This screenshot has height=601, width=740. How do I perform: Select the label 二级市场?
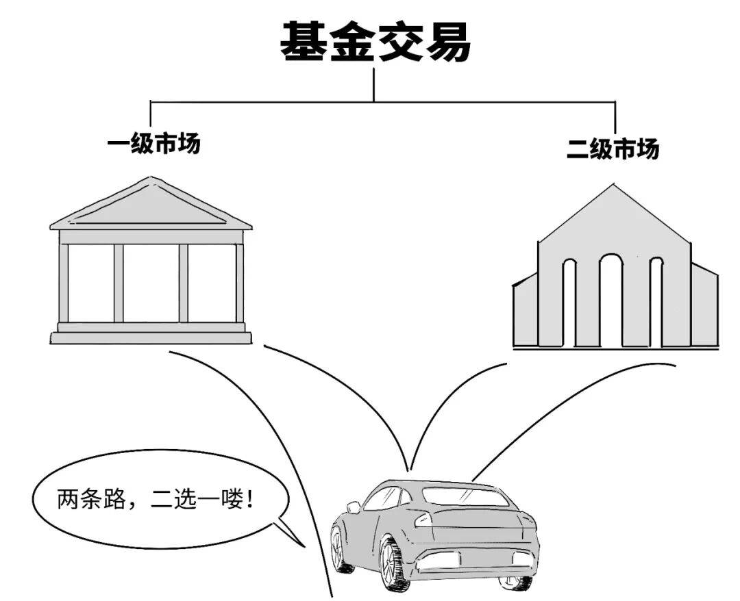click(613, 149)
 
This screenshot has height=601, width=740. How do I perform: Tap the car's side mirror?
click(353, 507)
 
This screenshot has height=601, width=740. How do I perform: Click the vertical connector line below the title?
click(374, 84)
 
